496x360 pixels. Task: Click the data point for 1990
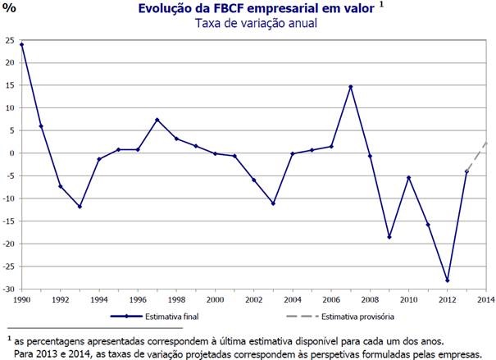click(21, 44)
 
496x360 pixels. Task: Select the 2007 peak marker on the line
click(351, 87)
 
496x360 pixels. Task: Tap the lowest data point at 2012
click(447, 280)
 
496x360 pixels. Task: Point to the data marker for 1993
click(80, 207)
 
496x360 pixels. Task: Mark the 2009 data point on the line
click(389, 237)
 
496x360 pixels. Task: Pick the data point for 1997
click(157, 120)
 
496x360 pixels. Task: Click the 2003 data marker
click(273, 203)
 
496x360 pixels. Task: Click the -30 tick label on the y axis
click(9, 289)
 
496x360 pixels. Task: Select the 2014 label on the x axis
click(486, 299)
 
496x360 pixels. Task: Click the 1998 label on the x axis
click(176, 299)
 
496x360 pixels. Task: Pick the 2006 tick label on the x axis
click(331, 299)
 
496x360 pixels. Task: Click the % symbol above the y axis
click(10, 11)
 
